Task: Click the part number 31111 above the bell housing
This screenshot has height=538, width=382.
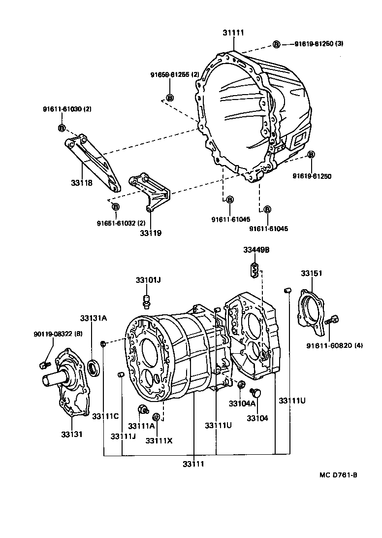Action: coord(233,33)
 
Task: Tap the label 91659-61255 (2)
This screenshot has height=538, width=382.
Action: coord(175,74)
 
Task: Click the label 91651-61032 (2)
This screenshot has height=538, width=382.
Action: coord(121,223)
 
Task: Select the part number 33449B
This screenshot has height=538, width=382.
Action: coord(256,250)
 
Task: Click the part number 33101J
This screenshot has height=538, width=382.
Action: coord(148,280)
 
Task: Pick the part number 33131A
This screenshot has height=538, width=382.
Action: coord(94,318)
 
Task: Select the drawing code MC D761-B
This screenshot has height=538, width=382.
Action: coord(338,475)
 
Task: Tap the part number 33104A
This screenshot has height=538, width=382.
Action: coord(242,403)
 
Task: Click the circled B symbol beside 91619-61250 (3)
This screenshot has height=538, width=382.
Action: coord(276,44)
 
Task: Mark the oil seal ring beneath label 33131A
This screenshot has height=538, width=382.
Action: coord(94,366)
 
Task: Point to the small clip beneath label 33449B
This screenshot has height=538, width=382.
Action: coord(255,269)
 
